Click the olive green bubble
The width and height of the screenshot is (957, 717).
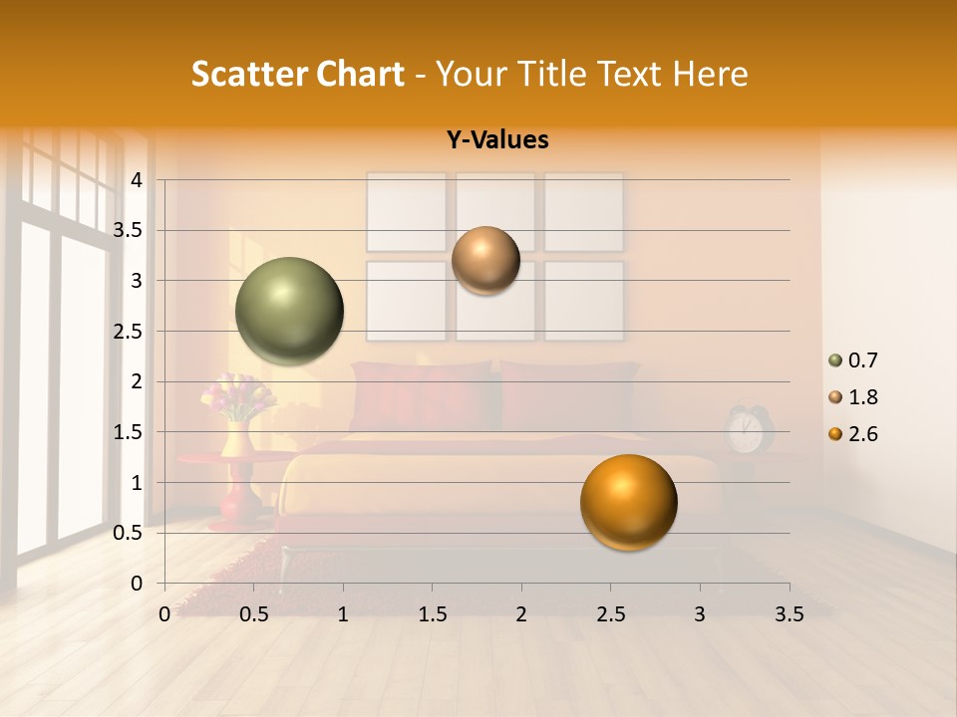point(290,311)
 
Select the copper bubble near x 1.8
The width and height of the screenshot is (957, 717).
point(485,260)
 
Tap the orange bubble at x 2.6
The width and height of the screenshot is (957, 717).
point(628,502)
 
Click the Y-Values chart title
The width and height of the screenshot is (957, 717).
point(497,140)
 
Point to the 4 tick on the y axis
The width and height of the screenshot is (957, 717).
point(137,180)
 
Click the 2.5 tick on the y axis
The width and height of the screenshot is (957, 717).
point(129,332)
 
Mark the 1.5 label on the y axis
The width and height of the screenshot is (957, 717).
point(129,432)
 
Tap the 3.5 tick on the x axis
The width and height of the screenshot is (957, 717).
point(789,614)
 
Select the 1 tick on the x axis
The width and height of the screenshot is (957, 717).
point(343,614)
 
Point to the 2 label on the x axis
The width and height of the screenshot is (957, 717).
point(520,614)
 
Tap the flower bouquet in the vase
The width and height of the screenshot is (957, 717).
point(237,396)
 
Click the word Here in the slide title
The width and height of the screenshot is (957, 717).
point(710,74)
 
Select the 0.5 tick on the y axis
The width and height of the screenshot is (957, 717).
point(129,533)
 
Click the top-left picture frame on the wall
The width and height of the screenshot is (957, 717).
point(406,211)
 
